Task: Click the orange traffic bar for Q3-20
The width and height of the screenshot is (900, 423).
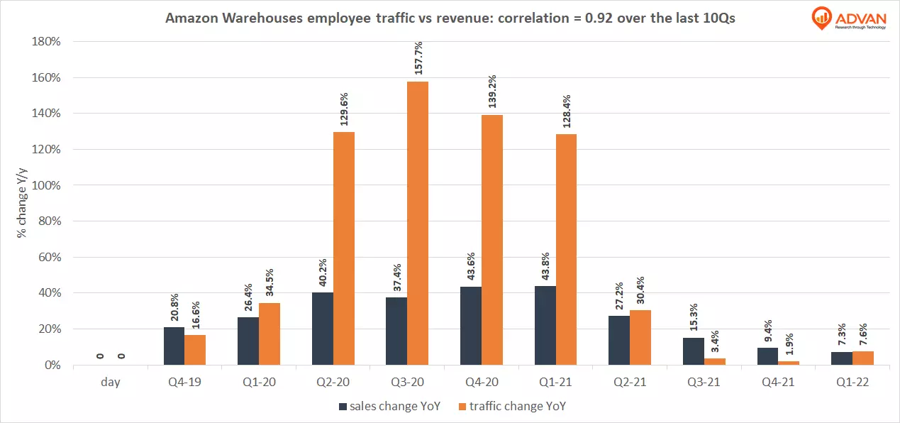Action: (x=418, y=224)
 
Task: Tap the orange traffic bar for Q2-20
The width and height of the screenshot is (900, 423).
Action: (x=344, y=248)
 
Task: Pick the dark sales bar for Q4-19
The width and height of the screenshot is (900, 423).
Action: (x=174, y=346)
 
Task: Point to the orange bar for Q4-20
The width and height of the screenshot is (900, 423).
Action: (x=492, y=240)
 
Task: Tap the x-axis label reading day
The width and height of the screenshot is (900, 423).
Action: (x=110, y=382)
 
